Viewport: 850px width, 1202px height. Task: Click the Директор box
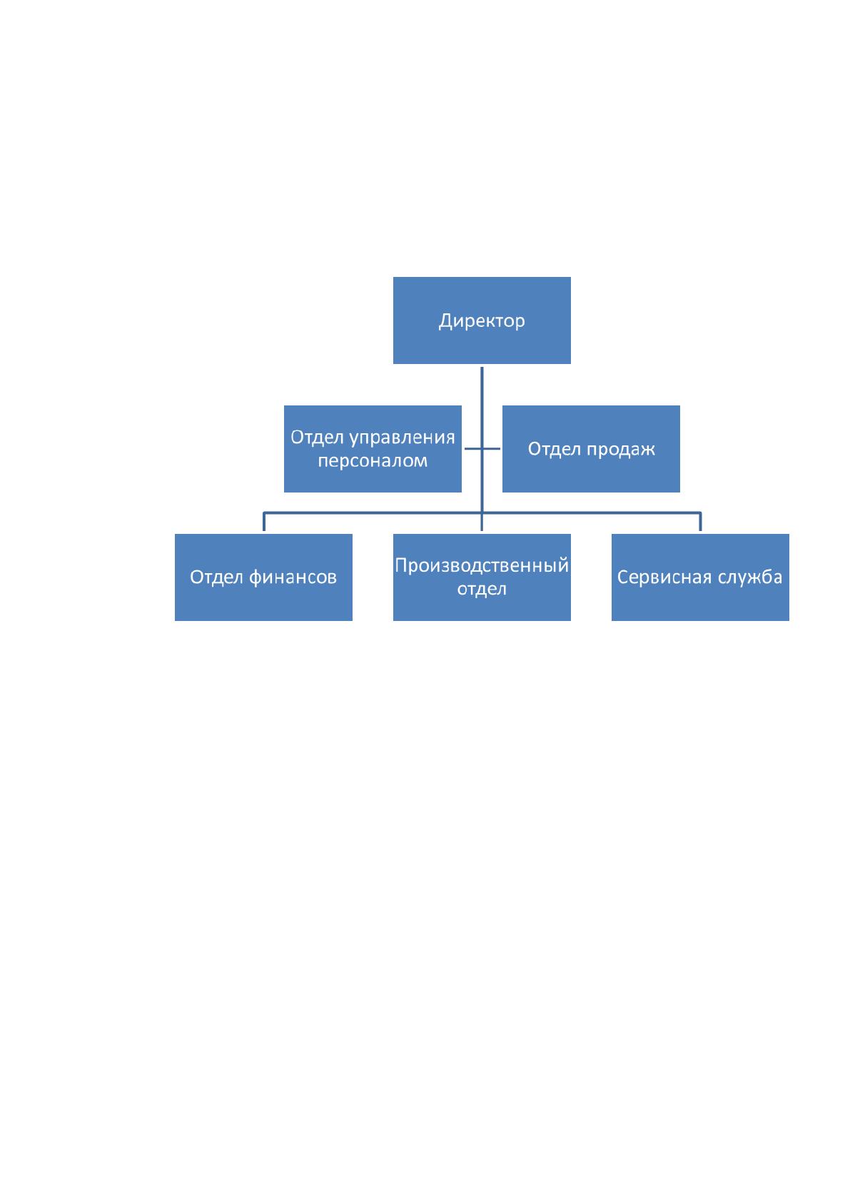click(x=481, y=320)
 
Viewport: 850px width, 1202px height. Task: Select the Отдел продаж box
click(x=591, y=448)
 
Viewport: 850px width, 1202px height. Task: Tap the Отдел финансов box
click(x=263, y=577)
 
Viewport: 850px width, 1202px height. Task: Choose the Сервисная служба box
click(x=700, y=577)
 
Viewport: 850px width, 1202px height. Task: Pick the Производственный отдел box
click(x=481, y=577)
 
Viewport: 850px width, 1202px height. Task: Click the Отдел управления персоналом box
click(x=373, y=448)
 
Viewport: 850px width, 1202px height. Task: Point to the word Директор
click(x=481, y=321)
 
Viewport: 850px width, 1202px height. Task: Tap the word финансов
click(x=293, y=577)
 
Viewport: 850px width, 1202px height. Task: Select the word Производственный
click(x=481, y=565)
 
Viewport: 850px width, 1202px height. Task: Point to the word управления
click(x=403, y=438)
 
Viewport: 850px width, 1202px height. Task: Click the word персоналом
click(x=373, y=461)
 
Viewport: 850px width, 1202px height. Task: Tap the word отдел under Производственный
click(x=481, y=589)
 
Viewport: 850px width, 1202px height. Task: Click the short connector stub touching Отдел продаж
click(x=491, y=448)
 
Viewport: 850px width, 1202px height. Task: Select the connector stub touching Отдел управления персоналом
click(x=472, y=448)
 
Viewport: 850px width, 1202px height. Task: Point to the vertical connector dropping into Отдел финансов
click(x=264, y=522)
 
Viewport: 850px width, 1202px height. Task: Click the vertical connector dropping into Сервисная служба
click(x=700, y=522)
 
